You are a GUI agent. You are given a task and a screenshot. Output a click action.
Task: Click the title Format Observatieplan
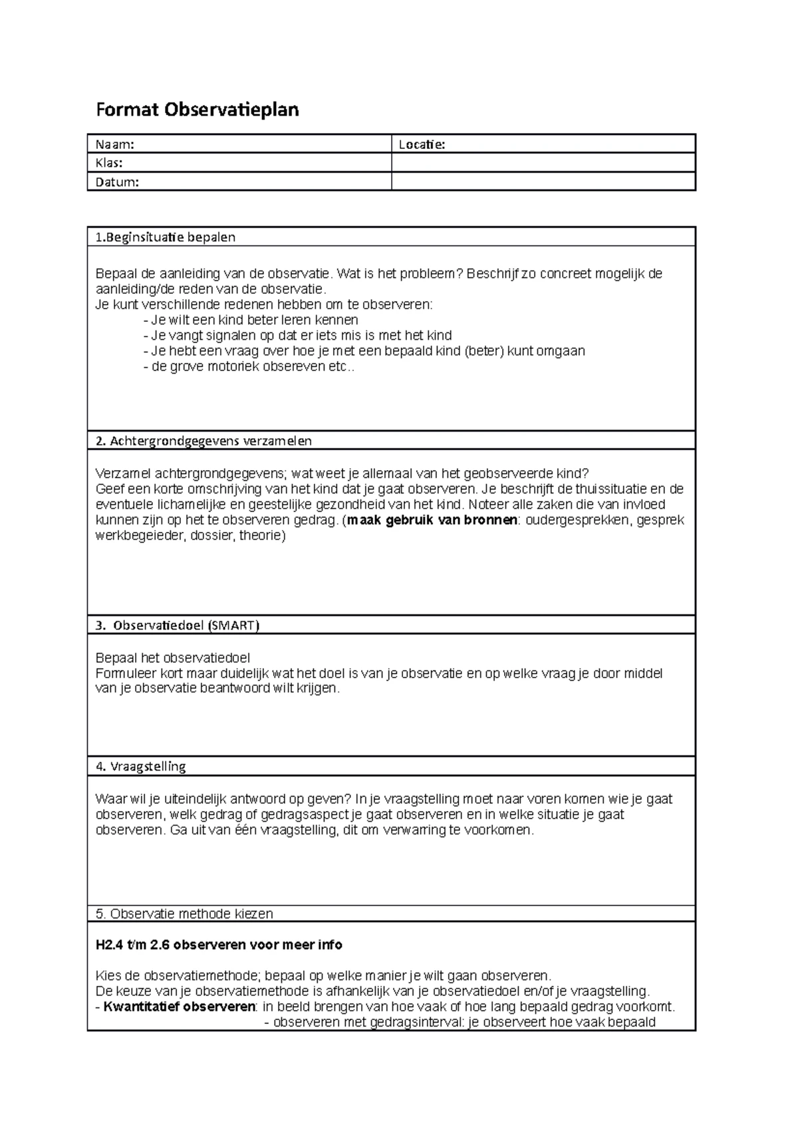pos(198,110)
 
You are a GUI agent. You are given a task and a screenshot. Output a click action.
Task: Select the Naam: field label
pos(114,144)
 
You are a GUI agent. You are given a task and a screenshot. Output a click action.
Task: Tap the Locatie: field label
pos(421,144)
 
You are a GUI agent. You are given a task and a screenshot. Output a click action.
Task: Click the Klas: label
pos(109,163)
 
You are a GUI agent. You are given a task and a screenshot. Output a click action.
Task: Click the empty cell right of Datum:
pos(543,182)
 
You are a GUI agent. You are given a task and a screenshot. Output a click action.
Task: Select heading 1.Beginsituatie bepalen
pos(166,237)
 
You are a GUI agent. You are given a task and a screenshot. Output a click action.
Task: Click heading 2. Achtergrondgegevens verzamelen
pos(203,440)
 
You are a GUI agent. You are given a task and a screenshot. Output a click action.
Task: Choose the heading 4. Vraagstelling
pos(140,766)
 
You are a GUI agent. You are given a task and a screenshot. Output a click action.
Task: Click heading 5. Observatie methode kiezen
pos(184,914)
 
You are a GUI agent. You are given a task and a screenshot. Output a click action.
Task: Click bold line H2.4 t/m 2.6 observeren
pos(219,945)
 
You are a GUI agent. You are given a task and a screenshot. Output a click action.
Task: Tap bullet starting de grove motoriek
pos(249,366)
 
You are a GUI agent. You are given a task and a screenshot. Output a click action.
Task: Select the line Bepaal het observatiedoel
pos(173,658)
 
